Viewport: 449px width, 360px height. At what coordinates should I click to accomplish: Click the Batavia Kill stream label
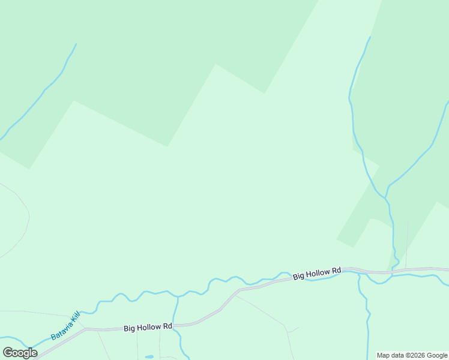65,326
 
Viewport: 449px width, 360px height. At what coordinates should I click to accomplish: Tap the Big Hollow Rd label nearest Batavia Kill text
148,328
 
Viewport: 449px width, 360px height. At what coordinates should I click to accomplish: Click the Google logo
20,353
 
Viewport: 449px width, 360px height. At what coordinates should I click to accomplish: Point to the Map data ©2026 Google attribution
412,355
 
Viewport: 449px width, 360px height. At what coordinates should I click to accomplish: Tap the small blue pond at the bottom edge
149,357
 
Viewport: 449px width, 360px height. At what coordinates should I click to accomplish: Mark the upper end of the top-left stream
76,44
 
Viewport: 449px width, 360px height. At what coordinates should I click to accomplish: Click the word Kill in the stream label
74,316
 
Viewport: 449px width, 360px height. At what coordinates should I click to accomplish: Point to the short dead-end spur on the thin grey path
294,329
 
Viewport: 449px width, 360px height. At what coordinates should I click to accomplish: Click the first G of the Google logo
8,353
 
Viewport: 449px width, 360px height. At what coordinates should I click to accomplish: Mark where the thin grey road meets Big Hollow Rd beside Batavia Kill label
86,329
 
